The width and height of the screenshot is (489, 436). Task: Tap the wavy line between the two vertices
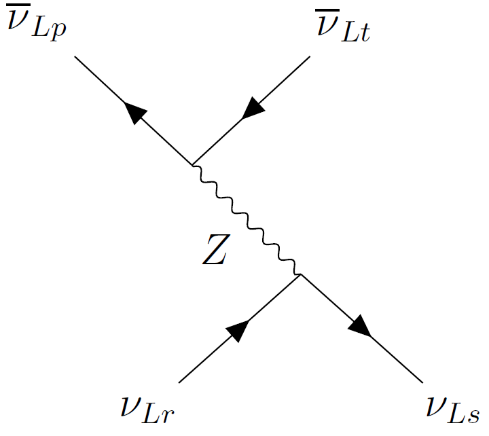point(247,219)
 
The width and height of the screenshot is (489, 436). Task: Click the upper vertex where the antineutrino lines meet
point(193,164)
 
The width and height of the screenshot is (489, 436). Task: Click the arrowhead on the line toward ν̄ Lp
point(133,113)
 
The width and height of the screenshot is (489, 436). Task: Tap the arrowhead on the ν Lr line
point(237,330)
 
